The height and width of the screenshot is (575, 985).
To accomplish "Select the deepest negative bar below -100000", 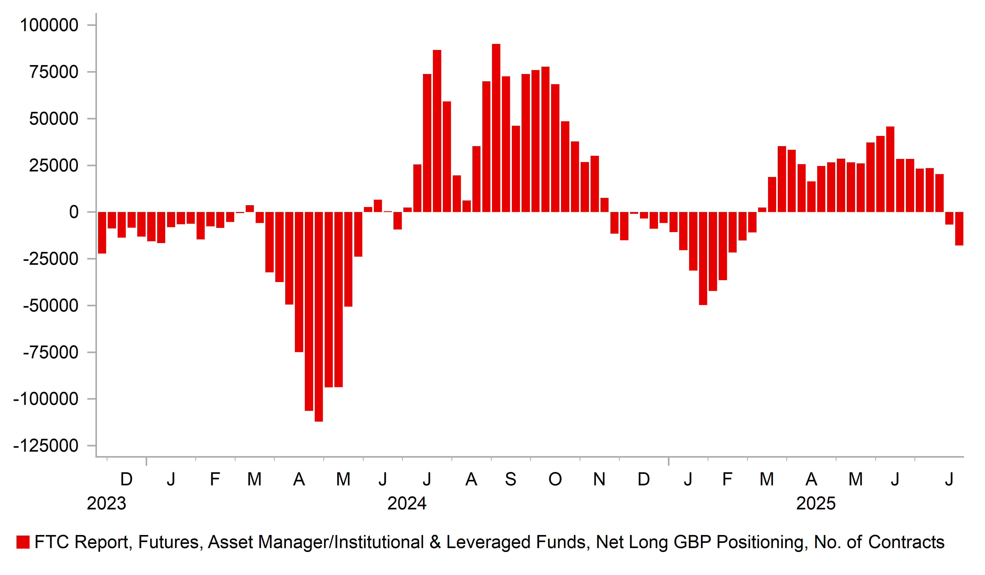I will pyautogui.click(x=319, y=317).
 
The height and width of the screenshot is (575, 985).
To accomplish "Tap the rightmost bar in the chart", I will pyautogui.click(x=959, y=229).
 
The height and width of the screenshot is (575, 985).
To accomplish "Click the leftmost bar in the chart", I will pyautogui.click(x=102, y=233).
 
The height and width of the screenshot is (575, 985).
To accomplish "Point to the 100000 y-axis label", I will pyautogui.click(x=49, y=25).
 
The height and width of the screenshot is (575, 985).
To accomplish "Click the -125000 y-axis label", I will pyautogui.click(x=46, y=446).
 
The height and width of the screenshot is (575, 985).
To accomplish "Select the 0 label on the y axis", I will pyautogui.click(x=73, y=212).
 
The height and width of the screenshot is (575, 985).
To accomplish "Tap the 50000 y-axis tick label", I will pyautogui.click(x=54, y=119).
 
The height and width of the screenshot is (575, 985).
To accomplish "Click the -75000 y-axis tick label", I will pyautogui.click(x=50, y=353).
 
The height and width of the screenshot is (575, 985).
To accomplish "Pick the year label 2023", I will pyautogui.click(x=106, y=503).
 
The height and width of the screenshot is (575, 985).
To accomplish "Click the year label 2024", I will pyautogui.click(x=407, y=503).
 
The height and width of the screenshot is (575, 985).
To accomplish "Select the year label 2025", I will pyautogui.click(x=816, y=503).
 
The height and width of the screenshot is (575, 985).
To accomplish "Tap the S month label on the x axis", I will pyautogui.click(x=511, y=479).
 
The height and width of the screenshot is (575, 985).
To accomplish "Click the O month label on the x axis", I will pyautogui.click(x=555, y=479).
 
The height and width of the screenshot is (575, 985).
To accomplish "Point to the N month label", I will pyautogui.click(x=599, y=479).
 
